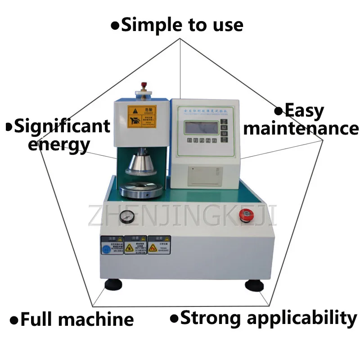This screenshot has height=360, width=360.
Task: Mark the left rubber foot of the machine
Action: (x=112, y=284)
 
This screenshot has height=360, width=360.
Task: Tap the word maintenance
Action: (x=301, y=129)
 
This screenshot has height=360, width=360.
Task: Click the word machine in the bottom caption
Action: (x=96, y=319)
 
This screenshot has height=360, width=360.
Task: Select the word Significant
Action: (x=62, y=126)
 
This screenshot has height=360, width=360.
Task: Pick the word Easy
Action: (x=304, y=111)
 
